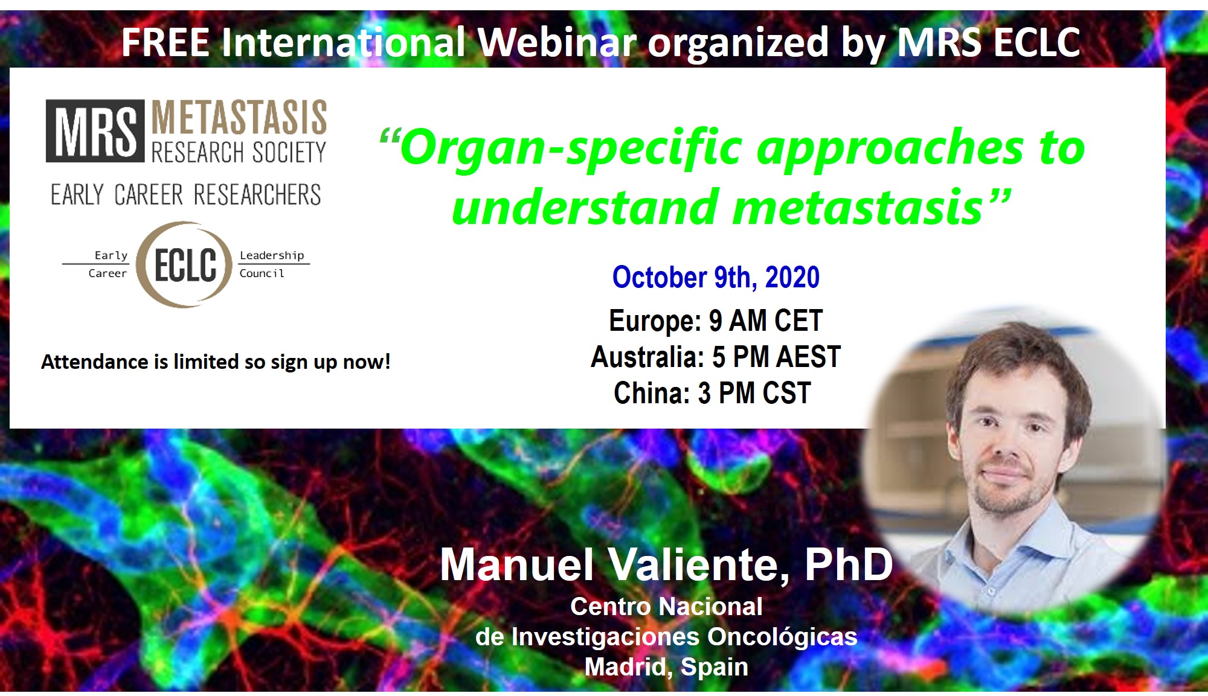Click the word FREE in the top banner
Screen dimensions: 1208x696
[165, 42]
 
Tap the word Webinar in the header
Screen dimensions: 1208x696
[557, 42]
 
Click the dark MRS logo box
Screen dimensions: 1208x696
[95, 131]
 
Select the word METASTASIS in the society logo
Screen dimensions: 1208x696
[239, 117]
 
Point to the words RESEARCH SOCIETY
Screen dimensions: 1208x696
[239, 152]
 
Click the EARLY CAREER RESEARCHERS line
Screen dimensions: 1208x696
[186, 195]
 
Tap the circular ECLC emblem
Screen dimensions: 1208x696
[185, 265]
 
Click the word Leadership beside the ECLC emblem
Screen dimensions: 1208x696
[272, 255]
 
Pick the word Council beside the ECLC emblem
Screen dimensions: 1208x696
[262, 273]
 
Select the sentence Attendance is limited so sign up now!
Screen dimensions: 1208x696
[216, 362]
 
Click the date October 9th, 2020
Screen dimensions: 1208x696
[716, 278]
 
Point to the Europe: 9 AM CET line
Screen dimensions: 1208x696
[716, 321]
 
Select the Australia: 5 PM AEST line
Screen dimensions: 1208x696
[716, 357]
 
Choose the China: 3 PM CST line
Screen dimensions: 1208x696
[712, 393]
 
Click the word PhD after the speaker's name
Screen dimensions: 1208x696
[849, 565]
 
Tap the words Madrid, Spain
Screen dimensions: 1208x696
[666, 667]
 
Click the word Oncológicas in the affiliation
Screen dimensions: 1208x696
[782, 637]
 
